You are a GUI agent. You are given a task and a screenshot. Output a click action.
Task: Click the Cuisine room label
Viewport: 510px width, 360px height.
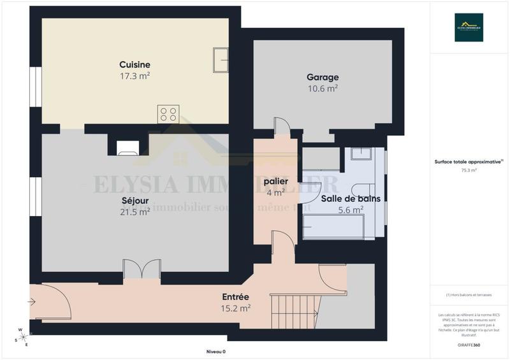(x=135, y=64)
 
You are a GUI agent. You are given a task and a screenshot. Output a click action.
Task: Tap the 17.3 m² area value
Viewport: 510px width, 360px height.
(x=135, y=76)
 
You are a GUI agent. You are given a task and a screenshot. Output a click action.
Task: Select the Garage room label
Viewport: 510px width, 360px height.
(x=323, y=77)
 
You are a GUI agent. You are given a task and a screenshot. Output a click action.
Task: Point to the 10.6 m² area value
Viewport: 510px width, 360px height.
(x=323, y=89)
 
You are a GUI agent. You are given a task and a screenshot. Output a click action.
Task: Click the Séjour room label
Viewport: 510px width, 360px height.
(x=135, y=200)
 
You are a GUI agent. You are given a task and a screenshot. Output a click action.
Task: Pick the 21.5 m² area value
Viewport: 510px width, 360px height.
(x=135, y=212)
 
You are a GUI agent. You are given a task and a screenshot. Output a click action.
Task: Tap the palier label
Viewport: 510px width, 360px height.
(x=276, y=182)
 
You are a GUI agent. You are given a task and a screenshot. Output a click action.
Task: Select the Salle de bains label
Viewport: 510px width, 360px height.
(x=351, y=198)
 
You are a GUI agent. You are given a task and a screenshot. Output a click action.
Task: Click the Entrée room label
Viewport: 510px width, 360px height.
(x=235, y=297)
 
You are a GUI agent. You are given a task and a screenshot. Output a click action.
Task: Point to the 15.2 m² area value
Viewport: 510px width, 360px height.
(x=235, y=308)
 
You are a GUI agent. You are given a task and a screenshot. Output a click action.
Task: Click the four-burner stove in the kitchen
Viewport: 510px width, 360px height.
(x=168, y=114)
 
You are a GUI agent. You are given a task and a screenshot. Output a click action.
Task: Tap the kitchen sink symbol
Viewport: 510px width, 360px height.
(x=221, y=60)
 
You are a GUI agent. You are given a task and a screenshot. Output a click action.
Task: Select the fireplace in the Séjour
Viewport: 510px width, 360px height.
(x=127, y=148)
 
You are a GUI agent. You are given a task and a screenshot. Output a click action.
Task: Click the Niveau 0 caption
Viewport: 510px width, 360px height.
(x=216, y=352)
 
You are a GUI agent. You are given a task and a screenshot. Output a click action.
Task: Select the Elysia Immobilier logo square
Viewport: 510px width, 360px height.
(x=469, y=27)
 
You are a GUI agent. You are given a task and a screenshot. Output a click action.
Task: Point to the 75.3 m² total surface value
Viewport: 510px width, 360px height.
(x=469, y=171)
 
